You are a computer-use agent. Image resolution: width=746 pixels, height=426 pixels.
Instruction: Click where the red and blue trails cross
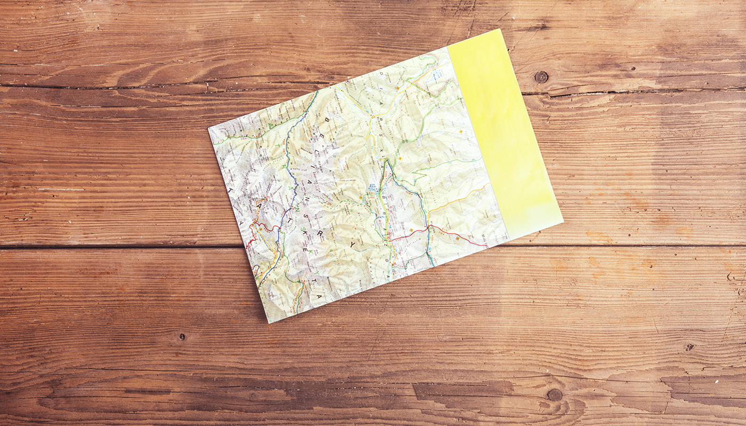tap(428, 228)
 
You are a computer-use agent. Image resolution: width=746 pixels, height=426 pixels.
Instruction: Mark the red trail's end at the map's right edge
tap(486, 245)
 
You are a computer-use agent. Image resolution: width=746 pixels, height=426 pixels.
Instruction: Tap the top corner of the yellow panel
tap(501, 29)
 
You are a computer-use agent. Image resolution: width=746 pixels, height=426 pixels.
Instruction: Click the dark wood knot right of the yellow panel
tap(541, 77)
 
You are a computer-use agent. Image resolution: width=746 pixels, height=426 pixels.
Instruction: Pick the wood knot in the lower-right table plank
tap(554, 395)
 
